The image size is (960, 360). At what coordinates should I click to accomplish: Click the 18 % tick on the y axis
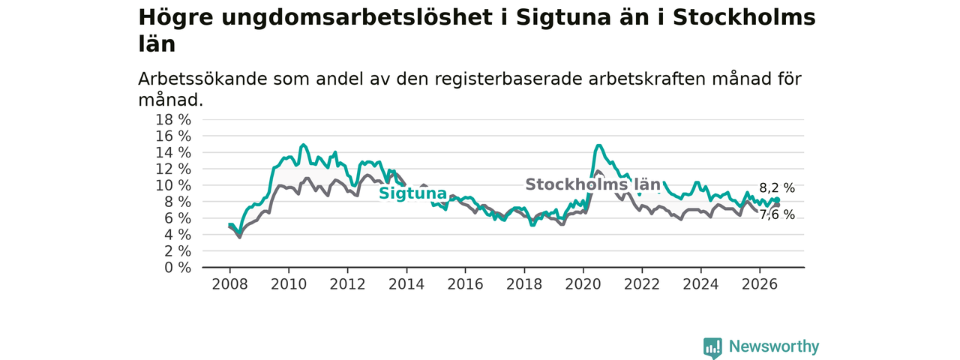point(173,120)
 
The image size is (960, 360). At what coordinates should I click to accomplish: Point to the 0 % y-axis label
point(178,268)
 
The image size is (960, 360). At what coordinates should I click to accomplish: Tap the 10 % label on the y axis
point(173,185)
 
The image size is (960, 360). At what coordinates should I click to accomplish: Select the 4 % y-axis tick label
point(178,235)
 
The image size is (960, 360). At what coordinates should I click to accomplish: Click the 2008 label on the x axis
point(229,284)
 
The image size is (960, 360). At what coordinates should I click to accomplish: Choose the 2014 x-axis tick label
point(406,284)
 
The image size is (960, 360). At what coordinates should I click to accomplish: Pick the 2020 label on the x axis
point(583,284)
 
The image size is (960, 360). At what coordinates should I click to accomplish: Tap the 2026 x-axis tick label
point(760,284)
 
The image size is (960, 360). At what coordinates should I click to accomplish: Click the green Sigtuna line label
point(412,193)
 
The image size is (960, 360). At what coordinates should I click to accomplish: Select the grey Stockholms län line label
point(592,184)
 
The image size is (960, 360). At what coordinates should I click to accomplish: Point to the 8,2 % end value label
point(777,188)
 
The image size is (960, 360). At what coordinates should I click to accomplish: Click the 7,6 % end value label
point(777,214)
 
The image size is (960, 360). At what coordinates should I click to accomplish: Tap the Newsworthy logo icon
point(712,347)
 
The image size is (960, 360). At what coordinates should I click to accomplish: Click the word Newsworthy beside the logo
point(774,346)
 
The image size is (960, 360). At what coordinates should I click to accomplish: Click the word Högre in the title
point(175,18)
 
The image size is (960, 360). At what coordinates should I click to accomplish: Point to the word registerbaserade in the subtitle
point(508,79)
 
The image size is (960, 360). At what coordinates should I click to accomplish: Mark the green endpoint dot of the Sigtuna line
point(777,200)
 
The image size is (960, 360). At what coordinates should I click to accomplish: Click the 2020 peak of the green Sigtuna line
point(598,145)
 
